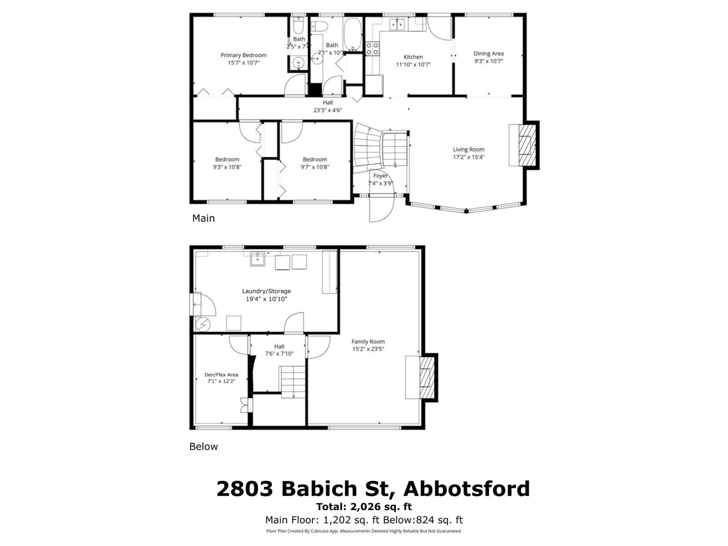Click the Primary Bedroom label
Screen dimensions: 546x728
point(243,55)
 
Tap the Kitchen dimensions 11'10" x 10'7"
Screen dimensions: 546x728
point(413,65)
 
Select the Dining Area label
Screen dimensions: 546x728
point(488,53)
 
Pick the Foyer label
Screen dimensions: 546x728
point(380,176)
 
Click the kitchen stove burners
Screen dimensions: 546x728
point(373,49)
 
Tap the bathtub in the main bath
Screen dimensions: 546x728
point(352,34)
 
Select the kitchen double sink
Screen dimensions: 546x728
point(397,24)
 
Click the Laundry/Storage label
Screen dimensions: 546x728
point(266,291)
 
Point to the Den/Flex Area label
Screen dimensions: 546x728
point(221,374)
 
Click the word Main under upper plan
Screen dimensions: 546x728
point(203,218)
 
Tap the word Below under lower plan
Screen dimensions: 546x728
point(203,446)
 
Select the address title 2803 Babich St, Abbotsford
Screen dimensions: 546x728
point(373,489)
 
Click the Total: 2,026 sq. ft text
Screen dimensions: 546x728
point(364,506)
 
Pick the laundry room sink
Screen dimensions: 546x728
point(258,259)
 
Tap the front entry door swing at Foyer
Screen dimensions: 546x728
point(381,208)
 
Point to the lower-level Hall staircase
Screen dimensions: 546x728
point(293,382)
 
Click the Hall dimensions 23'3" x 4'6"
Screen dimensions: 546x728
point(328,110)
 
